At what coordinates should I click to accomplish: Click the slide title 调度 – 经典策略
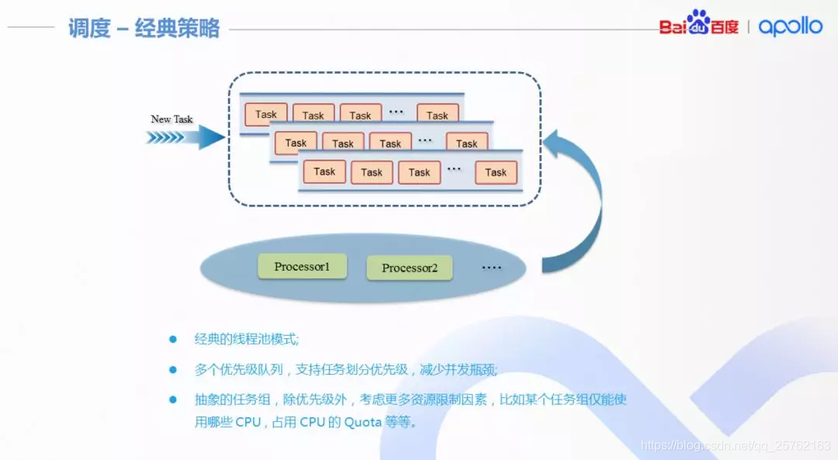[144, 29]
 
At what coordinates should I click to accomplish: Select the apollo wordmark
[790, 26]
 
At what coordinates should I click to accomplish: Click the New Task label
[171, 119]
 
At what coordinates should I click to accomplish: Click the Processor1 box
[302, 267]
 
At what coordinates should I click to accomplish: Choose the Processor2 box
[410, 268]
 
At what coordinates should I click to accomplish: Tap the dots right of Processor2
[492, 268]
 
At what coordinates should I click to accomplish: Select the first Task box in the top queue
[266, 115]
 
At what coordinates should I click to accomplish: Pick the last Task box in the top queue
[438, 116]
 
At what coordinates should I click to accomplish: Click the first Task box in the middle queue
[296, 144]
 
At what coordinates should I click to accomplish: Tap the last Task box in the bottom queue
[496, 172]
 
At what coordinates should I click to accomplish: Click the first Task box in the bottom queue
[324, 171]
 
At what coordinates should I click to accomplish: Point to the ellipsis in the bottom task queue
[454, 170]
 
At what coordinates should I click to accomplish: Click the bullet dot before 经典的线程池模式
[173, 339]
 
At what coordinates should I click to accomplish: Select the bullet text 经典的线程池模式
[247, 339]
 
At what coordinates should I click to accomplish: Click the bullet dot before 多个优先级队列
[173, 369]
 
